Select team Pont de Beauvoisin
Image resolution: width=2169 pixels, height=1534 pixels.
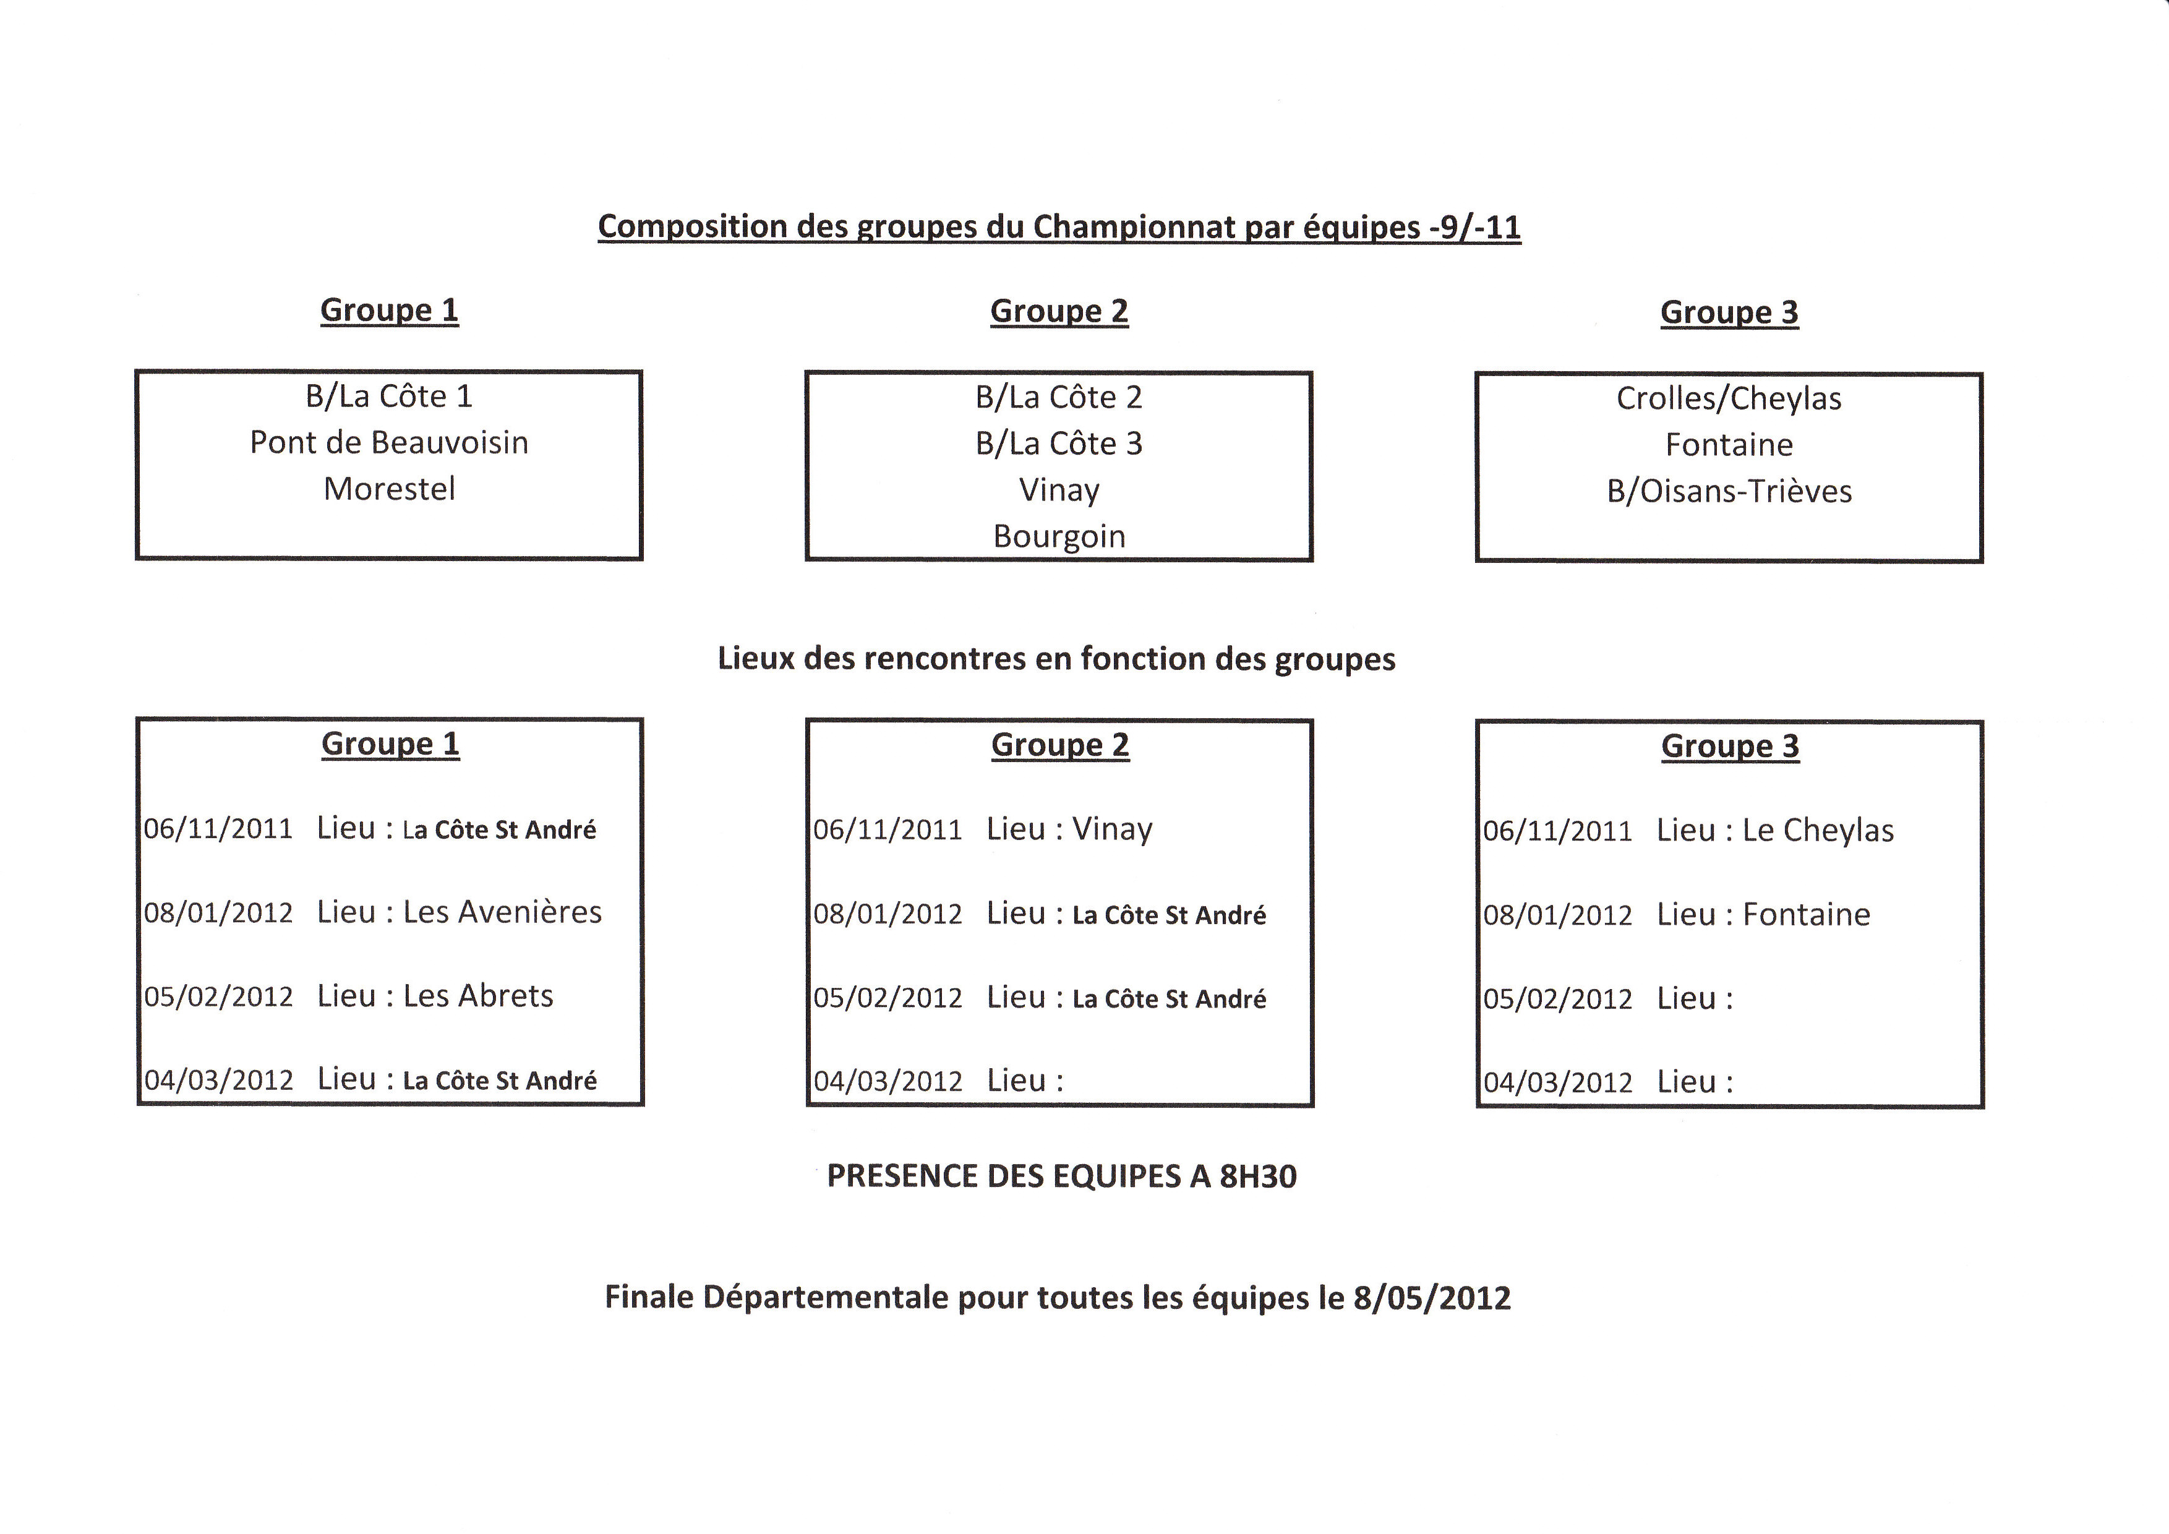(389, 442)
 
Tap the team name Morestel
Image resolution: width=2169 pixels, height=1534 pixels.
(389, 489)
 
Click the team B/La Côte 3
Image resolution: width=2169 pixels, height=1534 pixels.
(1059, 443)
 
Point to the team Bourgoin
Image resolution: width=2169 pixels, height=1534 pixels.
(1059, 536)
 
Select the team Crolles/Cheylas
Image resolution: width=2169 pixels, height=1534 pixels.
(1729, 398)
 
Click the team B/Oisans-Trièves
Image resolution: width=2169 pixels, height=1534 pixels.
(1729, 491)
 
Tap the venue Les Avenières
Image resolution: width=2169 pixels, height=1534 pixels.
(503, 912)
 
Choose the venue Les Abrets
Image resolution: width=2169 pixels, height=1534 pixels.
(478, 996)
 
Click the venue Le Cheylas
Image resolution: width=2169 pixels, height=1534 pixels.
(1818, 830)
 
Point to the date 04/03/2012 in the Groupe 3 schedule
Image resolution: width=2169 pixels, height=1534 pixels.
(1558, 1082)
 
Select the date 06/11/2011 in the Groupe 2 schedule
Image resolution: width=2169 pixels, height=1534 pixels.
(888, 830)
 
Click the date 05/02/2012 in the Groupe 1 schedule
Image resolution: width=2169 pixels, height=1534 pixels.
(218, 996)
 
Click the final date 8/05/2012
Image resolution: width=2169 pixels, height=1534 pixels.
(1432, 1298)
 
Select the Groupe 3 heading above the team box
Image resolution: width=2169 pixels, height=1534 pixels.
(1730, 312)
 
